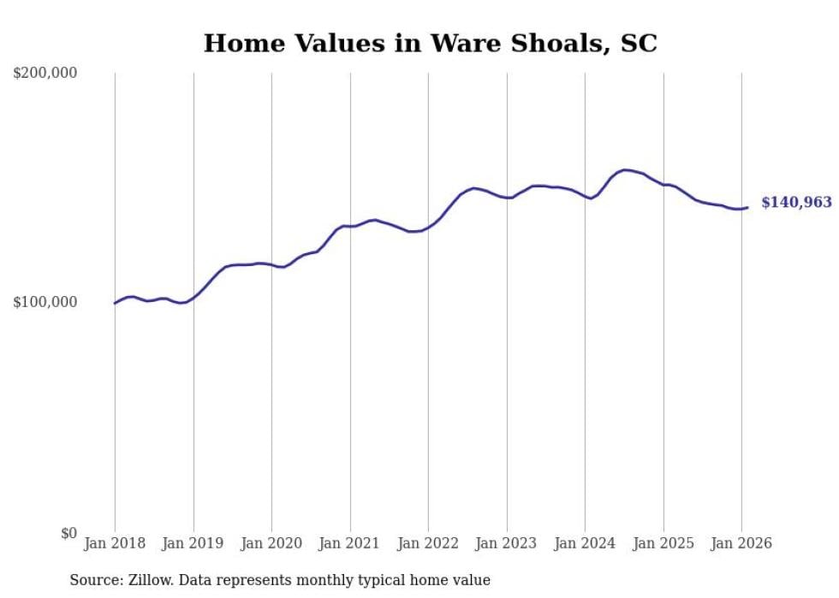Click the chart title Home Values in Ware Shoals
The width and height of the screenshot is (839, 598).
click(430, 43)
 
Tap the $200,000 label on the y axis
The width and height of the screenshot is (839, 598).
click(45, 74)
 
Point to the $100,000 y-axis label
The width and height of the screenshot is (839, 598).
click(45, 303)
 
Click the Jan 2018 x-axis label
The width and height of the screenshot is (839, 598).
click(115, 543)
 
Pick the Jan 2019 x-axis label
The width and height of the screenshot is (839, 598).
click(193, 543)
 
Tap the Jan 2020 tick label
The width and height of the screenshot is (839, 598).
click(271, 543)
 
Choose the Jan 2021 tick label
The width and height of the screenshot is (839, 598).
click(350, 543)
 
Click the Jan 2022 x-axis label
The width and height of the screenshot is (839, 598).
click(428, 543)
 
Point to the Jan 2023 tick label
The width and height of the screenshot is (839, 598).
click(507, 543)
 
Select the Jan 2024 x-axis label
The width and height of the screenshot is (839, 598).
click(585, 543)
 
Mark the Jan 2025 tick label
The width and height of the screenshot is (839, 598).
click(663, 543)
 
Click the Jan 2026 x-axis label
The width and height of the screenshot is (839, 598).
click(741, 543)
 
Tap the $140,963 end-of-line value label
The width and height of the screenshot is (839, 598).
click(796, 203)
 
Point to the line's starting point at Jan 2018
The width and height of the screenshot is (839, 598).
click(115, 303)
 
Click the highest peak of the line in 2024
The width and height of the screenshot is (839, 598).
click(625, 169)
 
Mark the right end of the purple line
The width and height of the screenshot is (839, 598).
click(747, 207)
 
